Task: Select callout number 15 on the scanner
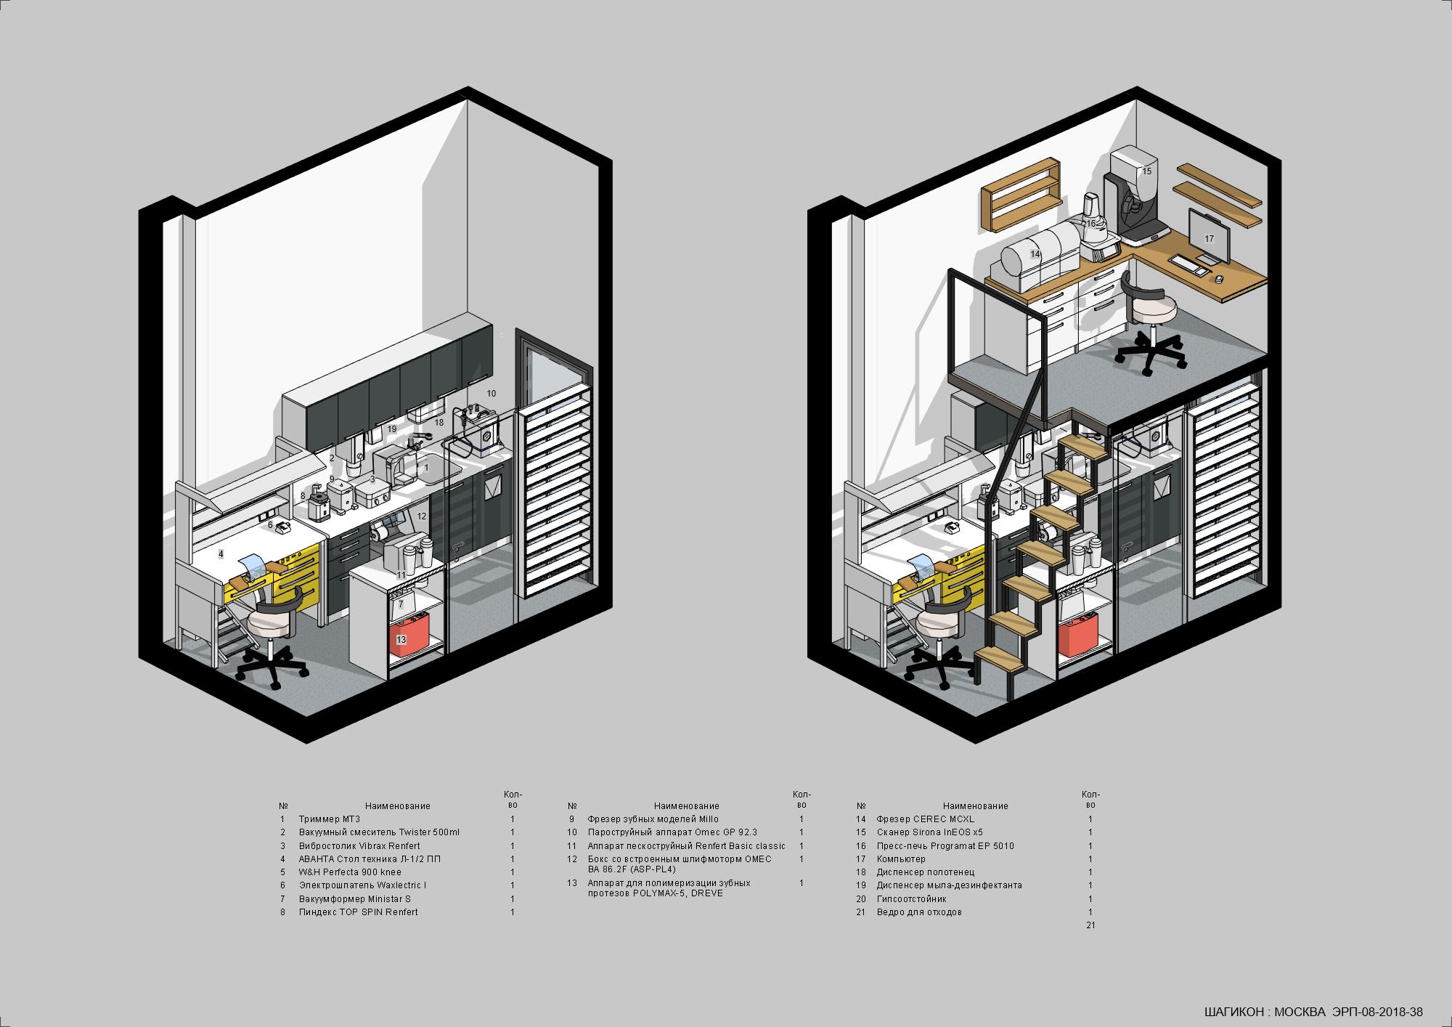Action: point(1147,171)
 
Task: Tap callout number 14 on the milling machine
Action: point(1035,255)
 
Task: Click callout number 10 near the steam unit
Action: point(492,393)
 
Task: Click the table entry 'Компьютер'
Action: point(901,859)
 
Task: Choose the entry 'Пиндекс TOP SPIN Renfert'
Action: point(359,912)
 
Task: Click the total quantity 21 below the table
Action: point(1090,925)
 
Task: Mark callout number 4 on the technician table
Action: point(221,554)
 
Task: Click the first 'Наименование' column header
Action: point(398,805)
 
